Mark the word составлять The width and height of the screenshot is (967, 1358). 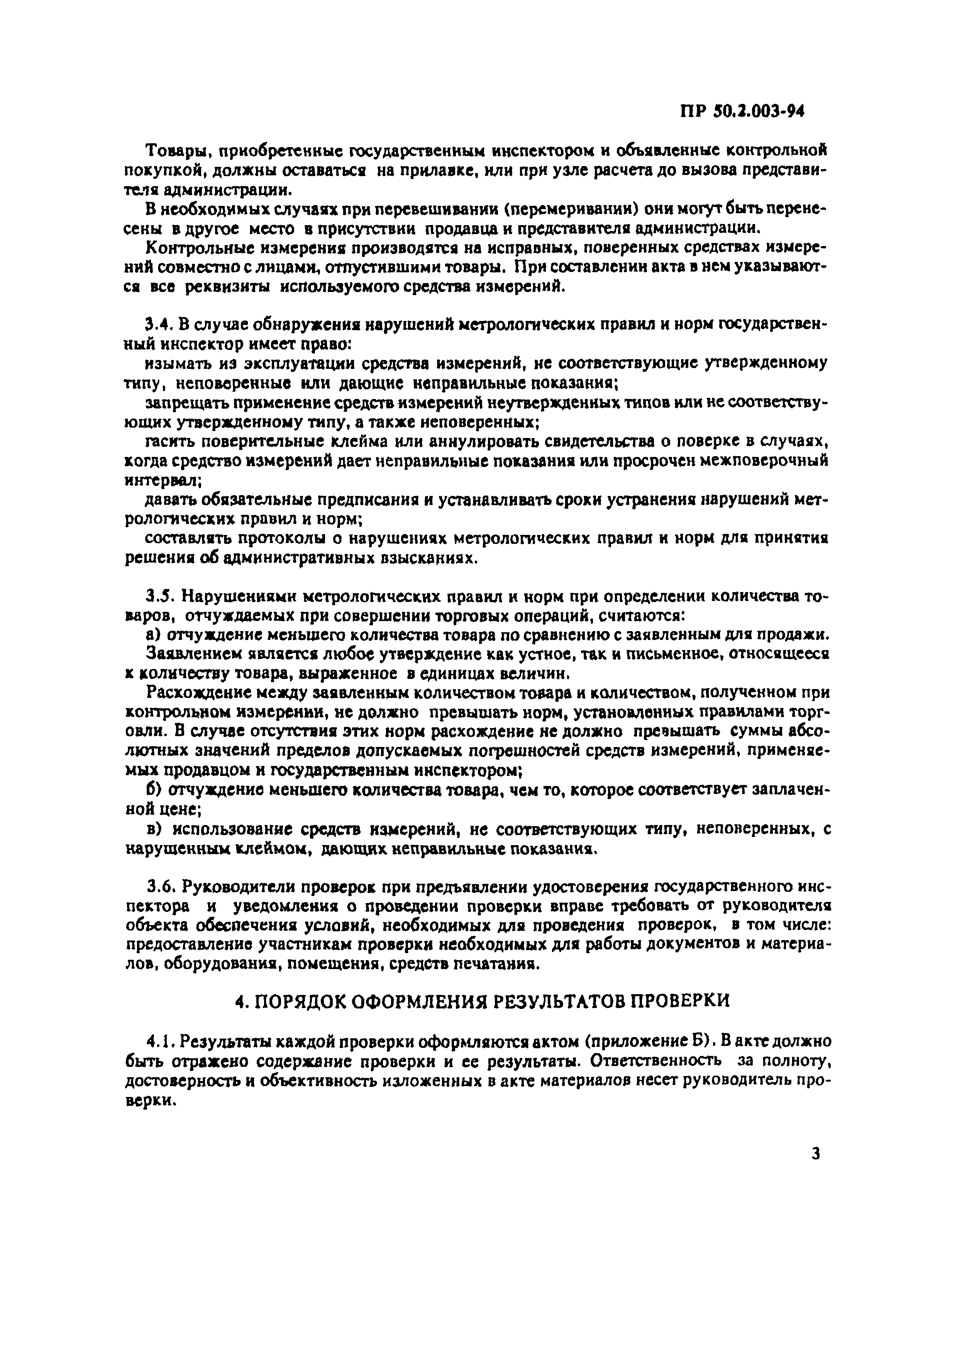(x=181, y=538)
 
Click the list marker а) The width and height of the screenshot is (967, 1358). (x=152, y=635)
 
